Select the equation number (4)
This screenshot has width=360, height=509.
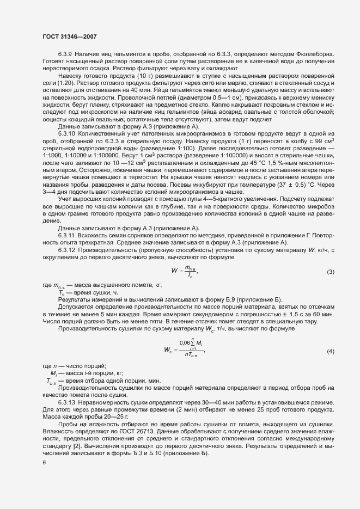[330, 352]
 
